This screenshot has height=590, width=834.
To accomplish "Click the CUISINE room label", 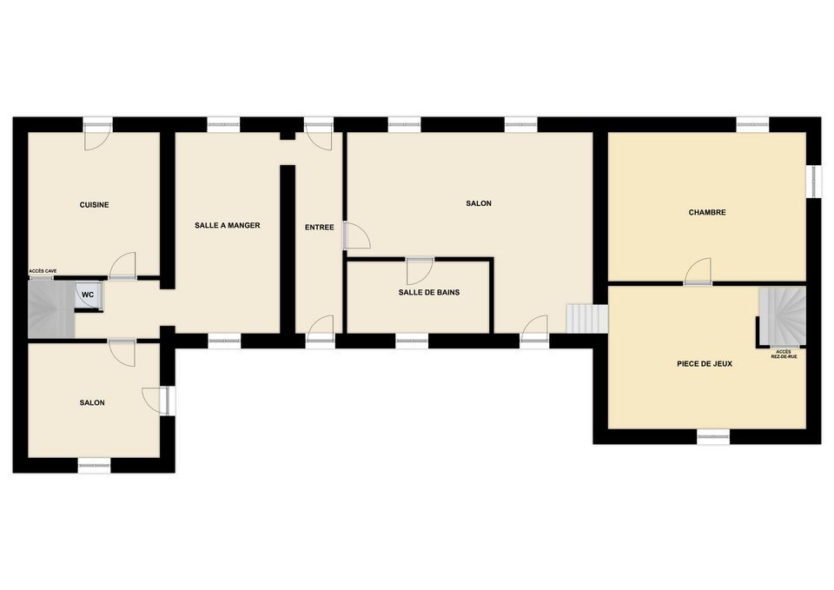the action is point(94,205).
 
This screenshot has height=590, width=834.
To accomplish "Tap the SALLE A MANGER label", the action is point(227,226).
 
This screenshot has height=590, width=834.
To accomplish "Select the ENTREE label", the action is point(319,227).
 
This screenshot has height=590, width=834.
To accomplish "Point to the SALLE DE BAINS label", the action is point(428,292).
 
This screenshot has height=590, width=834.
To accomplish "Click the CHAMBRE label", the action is point(707,212).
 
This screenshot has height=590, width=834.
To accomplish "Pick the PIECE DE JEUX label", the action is point(705,364).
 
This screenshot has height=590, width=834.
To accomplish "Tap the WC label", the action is point(88,295).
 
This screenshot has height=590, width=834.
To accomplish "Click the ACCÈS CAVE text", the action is point(43,271).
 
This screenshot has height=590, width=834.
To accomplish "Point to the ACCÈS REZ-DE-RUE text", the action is point(784,355).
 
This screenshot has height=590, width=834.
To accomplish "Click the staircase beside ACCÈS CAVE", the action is point(51,309).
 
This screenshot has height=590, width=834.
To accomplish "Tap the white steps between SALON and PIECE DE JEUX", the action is point(587,319).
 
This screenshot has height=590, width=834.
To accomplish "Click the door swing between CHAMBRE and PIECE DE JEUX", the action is point(698,271).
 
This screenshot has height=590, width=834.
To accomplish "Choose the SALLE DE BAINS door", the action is point(420,271).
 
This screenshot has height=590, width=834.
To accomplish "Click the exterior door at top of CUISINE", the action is point(97,134).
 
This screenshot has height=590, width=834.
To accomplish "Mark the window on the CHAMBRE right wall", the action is point(813,182).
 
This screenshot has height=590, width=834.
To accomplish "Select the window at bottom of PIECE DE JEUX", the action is point(713,437).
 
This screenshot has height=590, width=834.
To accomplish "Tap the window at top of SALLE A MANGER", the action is point(223,124).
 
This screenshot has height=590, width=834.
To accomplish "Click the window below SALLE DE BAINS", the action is point(412,341).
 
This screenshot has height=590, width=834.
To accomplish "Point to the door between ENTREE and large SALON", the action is point(356,235).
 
